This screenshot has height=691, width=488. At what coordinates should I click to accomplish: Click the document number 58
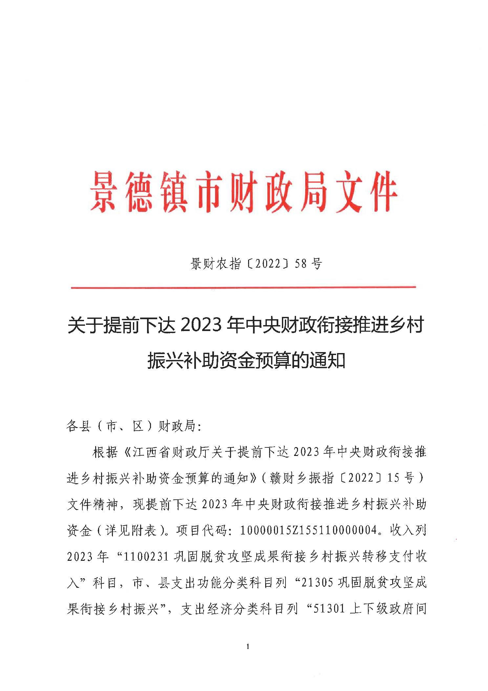301,264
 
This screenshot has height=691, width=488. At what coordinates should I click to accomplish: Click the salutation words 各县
79,426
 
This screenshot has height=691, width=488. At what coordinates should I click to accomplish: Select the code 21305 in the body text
317,583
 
